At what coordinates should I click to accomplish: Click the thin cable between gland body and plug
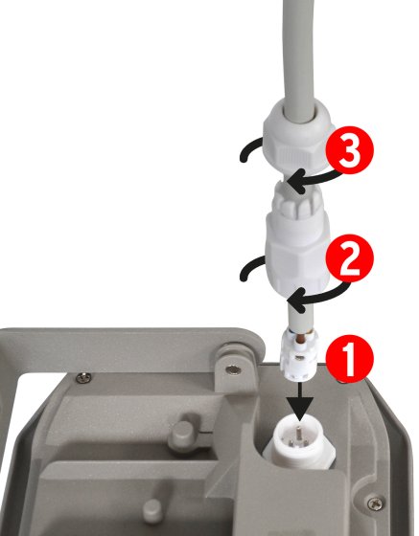(x=298, y=314)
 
